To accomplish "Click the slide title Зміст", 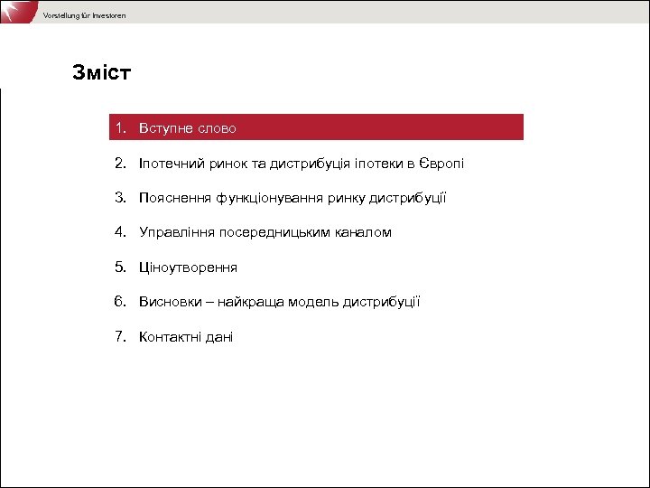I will click(x=101, y=73).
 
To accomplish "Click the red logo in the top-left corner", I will click(x=15, y=12).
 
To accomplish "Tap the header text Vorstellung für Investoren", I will click(x=84, y=16).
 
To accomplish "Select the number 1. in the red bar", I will click(x=120, y=128).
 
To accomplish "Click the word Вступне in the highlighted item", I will click(x=166, y=128).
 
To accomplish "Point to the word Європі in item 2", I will click(x=441, y=164).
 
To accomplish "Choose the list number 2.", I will click(x=120, y=164).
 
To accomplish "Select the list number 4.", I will click(x=120, y=232).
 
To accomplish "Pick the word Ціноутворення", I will click(x=188, y=267).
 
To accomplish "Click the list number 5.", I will click(x=120, y=267).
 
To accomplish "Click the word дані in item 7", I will click(x=219, y=337).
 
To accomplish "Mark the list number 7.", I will click(x=120, y=337).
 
